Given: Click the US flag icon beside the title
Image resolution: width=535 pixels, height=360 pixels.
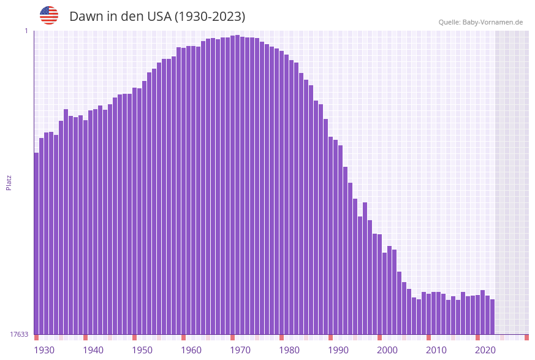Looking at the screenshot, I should [x=49, y=15].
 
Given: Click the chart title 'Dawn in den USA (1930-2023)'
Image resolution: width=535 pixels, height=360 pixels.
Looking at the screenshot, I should [x=157, y=17].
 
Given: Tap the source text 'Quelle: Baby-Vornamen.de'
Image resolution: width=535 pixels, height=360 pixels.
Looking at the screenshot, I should [x=480, y=22].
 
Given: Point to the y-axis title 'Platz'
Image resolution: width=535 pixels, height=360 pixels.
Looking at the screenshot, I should [x=9, y=182].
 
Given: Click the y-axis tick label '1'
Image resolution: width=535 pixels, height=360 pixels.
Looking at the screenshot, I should [x=26, y=31].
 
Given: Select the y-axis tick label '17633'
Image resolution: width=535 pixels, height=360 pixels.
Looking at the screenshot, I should [x=19, y=334].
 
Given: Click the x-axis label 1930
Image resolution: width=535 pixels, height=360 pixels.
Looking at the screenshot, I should [x=44, y=350].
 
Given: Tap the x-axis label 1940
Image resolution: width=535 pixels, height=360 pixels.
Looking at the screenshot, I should [x=93, y=350].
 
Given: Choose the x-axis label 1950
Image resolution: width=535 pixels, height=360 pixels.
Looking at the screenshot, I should [x=142, y=350].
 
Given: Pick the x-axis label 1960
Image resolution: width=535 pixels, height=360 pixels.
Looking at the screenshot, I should [x=191, y=350].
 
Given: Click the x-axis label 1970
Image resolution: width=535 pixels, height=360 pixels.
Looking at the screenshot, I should [x=240, y=350].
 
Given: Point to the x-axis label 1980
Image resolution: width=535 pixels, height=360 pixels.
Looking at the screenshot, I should [x=289, y=350].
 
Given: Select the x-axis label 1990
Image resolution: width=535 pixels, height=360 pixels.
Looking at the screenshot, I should [x=338, y=350].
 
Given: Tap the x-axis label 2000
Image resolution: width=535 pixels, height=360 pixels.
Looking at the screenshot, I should [x=387, y=350].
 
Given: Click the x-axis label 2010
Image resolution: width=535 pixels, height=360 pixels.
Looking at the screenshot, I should [x=436, y=350].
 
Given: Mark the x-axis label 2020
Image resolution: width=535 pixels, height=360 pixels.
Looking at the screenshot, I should [x=485, y=350].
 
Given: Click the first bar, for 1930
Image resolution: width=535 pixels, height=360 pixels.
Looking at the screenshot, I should [x=36, y=245].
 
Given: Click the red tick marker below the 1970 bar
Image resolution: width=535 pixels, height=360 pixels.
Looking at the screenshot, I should [x=232, y=337].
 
